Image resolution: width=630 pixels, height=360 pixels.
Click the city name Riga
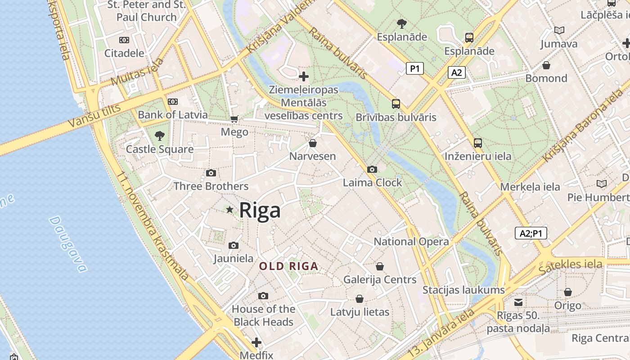click(x=260, y=210)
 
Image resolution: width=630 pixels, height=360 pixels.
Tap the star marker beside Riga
click(x=230, y=209)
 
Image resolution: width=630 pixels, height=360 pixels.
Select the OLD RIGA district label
click(x=289, y=266)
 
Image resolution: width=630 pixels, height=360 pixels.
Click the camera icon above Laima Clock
click(x=372, y=169)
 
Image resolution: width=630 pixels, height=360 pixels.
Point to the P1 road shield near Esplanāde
click(x=414, y=68)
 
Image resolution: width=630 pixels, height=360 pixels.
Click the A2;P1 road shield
click(x=531, y=233)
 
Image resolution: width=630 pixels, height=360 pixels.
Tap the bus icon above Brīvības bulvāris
click(x=396, y=104)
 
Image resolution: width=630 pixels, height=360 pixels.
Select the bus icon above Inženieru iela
click(x=478, y=143)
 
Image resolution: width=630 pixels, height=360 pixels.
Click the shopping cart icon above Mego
click(x=234, y=119)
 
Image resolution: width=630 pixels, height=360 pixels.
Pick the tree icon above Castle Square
click(x=159, y=135)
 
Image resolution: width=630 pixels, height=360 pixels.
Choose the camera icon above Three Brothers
click(x=211, y=173)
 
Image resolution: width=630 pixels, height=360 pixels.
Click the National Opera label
click(x=411, y=242)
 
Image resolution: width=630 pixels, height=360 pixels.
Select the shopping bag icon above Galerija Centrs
click(x=380, y=266)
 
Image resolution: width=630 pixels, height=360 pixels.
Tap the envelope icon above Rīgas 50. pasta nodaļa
click(x=518, y=302)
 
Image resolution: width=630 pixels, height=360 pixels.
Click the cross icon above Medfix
click(x=256, y=342)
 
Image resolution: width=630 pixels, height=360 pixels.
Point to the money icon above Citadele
click(x=124, y=40)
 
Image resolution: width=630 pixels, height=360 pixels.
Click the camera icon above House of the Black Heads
click(x=263, y=296)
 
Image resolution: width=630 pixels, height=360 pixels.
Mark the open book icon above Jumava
click(x=559, y=30)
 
